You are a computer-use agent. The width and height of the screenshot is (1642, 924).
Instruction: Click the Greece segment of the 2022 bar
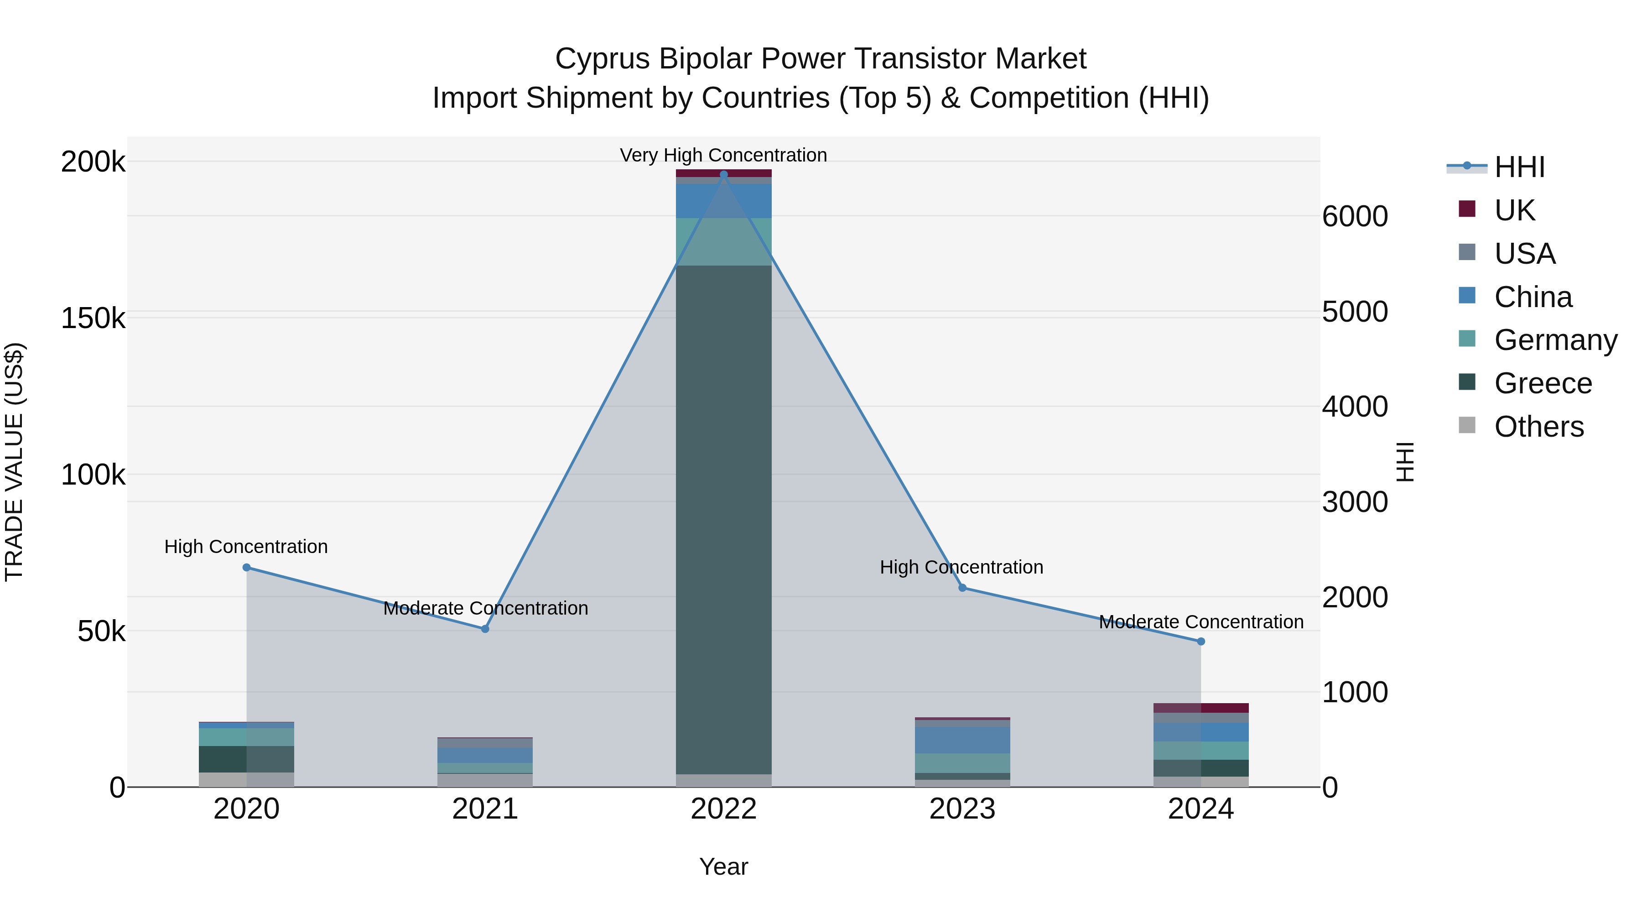[723, 520]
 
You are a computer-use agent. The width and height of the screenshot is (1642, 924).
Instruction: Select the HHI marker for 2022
[723, 175]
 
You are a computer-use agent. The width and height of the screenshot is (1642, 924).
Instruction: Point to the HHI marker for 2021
[485, 629]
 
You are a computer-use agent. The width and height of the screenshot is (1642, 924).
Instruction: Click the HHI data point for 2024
[1201, 642]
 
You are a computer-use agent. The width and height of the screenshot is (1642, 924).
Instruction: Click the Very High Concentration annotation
[723, 155]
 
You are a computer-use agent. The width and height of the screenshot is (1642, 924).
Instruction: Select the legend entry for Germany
[1555, 340]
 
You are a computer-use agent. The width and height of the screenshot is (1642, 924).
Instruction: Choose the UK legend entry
[1514, 210]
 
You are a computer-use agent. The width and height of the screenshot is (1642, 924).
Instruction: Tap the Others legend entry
[1539, 427]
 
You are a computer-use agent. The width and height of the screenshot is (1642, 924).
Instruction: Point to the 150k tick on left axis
[93, 318]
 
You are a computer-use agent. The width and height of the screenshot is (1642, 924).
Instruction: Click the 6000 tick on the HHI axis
[1355, 216]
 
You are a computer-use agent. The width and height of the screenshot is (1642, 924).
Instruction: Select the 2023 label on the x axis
[962, 809]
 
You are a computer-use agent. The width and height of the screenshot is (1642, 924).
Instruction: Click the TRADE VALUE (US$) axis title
[14, 462]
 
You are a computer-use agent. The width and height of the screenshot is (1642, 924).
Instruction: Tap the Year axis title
[723, 867]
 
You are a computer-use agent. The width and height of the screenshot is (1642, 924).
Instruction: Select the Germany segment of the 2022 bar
[723, 242]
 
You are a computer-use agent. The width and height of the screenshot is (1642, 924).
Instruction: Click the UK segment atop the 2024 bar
[1201, 708]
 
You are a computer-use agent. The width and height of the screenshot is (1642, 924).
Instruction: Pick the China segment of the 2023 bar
[962, 740]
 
